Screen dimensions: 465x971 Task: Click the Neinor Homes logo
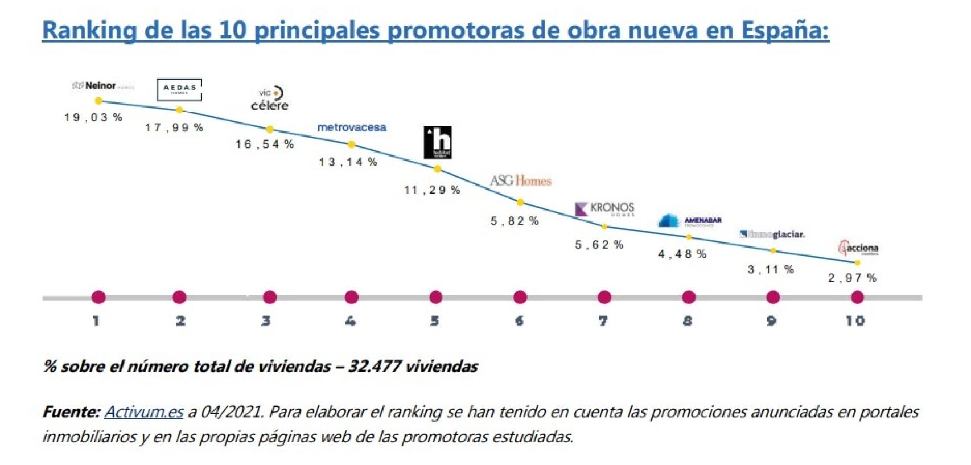103,86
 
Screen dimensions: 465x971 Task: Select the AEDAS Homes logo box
179,89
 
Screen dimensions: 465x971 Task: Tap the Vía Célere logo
270,99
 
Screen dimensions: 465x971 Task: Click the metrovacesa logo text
352,127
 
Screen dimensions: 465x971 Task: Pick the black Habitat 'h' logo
438,142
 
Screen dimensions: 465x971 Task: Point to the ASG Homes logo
521,180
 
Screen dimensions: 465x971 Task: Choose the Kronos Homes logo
605,209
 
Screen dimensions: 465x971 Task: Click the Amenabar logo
690,221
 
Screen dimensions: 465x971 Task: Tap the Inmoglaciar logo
772,234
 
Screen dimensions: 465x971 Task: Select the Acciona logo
858,248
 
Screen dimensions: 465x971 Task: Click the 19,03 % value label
93,117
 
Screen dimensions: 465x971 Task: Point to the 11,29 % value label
432,190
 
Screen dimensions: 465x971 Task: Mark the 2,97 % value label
852,278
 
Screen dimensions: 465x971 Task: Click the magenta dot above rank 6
520,297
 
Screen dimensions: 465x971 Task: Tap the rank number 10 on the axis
855,321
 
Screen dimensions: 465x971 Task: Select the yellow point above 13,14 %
351,145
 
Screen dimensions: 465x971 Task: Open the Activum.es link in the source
143,411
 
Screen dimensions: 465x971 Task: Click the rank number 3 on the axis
266,321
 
